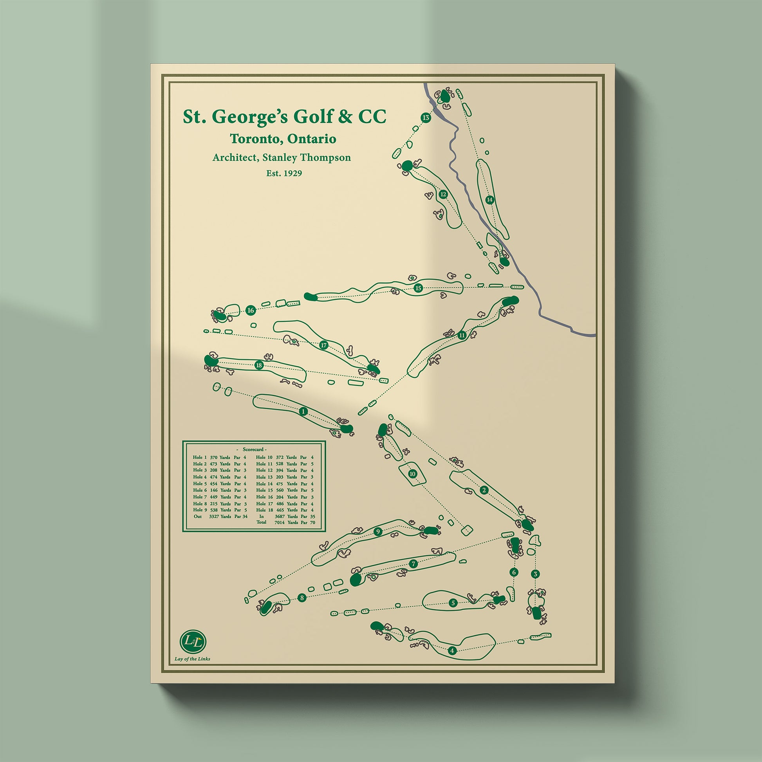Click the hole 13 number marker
tap(426, 117)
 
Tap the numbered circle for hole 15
tap(419, 288)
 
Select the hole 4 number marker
tap(452, 650)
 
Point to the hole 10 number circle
tap(413, 474)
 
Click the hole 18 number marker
tap(259, 365)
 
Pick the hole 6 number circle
tap(513, 572)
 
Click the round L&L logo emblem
tap(193, 642)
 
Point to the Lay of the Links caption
tap(193, 659)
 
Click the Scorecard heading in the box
tap(255, 450)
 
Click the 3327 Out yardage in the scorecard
tap(214, 516)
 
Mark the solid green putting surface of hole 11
tap(510, 301)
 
